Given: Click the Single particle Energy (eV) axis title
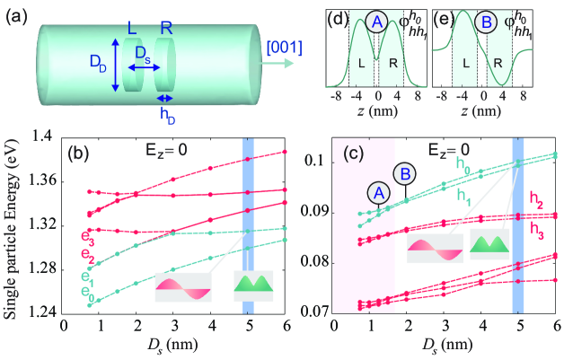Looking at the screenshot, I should [13, 224].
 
